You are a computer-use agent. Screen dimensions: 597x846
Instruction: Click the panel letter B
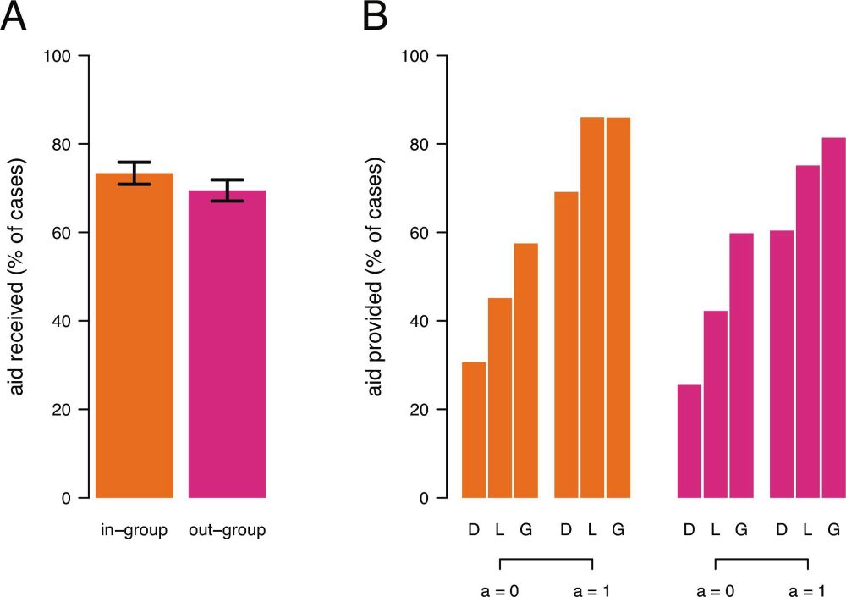click(375, 17)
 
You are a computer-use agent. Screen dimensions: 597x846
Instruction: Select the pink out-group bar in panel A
click(227, 347)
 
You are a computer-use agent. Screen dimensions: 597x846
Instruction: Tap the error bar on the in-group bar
click(135, 173)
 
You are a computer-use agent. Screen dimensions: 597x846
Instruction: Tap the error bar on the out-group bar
click(227, 191)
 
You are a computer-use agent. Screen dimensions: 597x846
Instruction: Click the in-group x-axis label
click(135, 531)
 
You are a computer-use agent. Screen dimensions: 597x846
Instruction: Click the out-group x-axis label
click(227, 531)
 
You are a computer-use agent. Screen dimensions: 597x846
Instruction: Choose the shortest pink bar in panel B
click(689, 441)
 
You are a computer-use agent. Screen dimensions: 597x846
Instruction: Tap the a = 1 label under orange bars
click(591, 591)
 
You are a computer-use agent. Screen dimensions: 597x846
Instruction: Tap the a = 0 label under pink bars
click(715, 591)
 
